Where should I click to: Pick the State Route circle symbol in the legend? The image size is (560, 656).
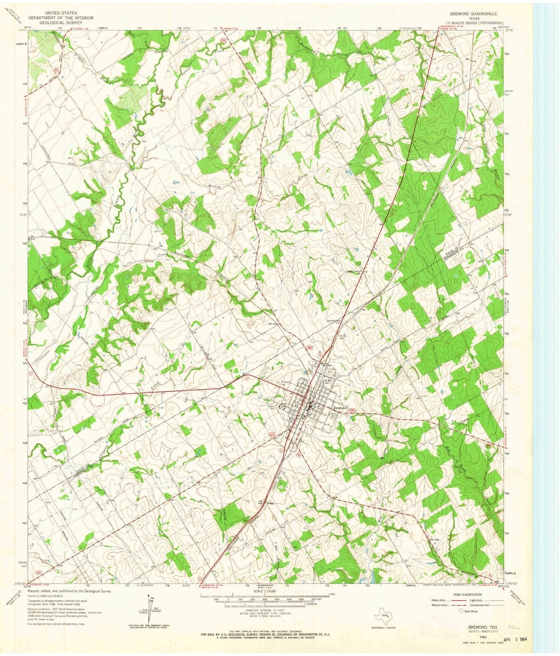(461, 611)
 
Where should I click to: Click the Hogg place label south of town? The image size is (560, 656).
(270, 503)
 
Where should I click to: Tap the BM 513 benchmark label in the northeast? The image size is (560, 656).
(464, 139)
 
